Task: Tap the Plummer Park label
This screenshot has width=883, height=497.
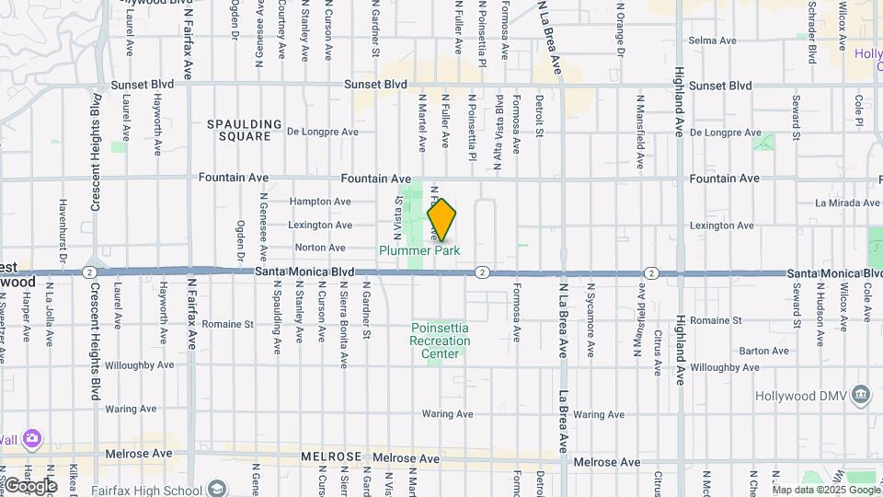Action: [419, 249]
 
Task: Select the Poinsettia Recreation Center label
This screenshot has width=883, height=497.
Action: [440, 341]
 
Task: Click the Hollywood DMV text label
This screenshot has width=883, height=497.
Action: [800, 396]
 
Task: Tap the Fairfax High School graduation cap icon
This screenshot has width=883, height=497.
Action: [217, 487]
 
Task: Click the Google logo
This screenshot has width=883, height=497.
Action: [31, 485]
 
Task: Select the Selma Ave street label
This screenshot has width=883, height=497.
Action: [713, 40]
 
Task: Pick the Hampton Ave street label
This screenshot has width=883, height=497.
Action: [320, 202]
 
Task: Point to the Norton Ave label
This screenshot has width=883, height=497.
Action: [320, 248]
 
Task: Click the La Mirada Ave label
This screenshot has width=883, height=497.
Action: [848, 202]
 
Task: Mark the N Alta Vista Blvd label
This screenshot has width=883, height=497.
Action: [498, 121]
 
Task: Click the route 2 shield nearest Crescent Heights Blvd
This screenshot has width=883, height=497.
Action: [87, 272]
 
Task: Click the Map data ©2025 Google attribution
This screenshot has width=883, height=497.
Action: [825, 490]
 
